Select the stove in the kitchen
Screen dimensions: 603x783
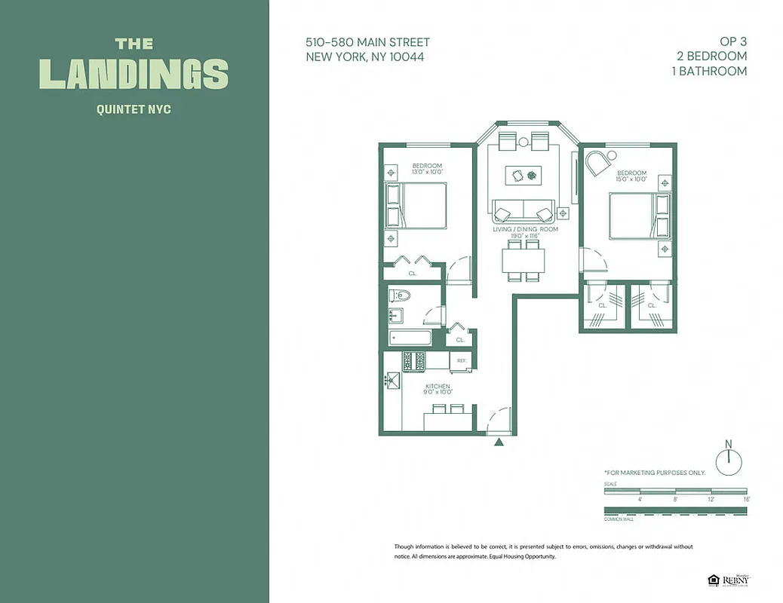[x=414, y=361]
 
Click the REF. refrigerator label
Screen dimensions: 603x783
[x=462, y=361]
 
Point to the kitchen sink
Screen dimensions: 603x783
[x=391, y=381]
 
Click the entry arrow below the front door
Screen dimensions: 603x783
[x=498, y=442]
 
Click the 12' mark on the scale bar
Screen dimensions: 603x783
[x=710, y=499]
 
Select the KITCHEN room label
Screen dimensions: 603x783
[x=438, y=386]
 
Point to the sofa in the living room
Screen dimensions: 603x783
[x=523, y=210]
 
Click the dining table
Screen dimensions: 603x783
[x=524, y=260]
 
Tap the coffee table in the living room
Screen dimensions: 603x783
[x=524, y=175]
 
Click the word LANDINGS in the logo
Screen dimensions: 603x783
[x=134, y=74]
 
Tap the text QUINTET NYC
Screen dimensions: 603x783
[x=134, y=109]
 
